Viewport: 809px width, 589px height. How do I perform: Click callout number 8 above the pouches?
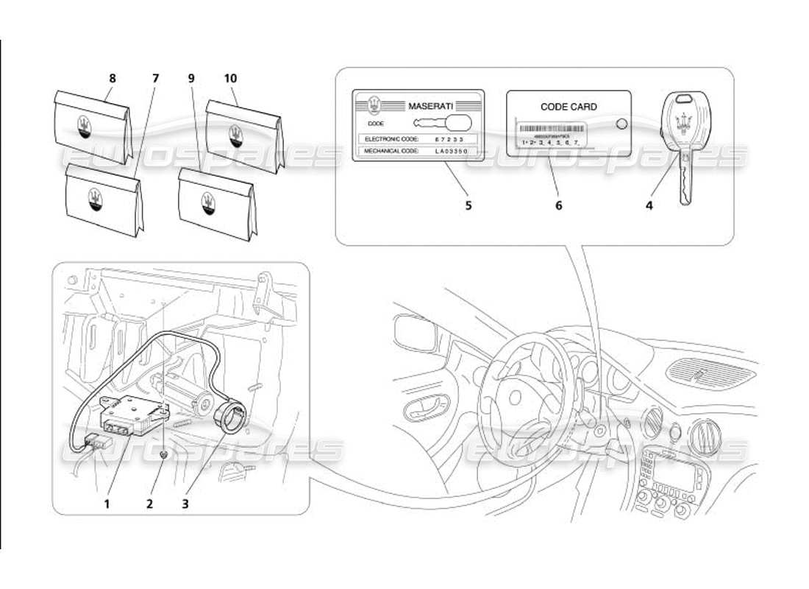(x=113, y=78)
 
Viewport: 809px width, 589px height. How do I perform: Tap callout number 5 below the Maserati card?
(x=468, y=205)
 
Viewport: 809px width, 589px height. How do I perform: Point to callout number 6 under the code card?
(x=558, y=205)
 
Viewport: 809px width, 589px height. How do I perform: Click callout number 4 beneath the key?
(x=649, y=205)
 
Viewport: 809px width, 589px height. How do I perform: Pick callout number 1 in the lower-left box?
(x=107, y=504)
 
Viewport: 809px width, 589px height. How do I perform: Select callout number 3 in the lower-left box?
(x=185, y=504)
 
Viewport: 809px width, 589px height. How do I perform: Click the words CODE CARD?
(x=569, y=107)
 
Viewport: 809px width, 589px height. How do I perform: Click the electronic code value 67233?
(x=446, y=138)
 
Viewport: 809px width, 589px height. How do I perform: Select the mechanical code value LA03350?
(x=450, y=152)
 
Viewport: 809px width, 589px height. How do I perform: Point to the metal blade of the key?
(x=685, y=180)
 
